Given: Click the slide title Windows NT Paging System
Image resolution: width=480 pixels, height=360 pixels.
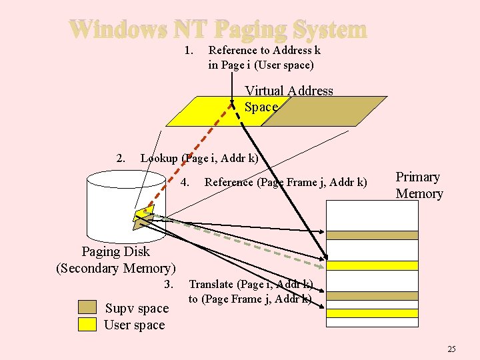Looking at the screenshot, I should pyautogui.click(x=218, y=29).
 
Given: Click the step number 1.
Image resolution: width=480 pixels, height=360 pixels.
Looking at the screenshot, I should pyautogui.click(x=189, y=50).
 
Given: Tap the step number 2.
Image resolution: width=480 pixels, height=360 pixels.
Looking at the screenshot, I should pyautogui.click(x=121, y=159).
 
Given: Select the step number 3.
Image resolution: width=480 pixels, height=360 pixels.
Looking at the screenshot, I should pyautogui.click(x=169, y=285).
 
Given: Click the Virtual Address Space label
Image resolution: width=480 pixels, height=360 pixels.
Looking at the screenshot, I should pyautogui.click(x=288, y=99).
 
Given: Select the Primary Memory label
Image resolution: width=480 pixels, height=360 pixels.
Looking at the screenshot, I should pyautogui.click(x=419, y=185).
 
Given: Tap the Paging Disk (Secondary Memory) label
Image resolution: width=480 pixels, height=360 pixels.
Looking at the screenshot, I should pyautogui.click(x=116, y=260).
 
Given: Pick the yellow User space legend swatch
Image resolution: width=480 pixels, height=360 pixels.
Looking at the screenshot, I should pyautogui.click(x=87, y=324).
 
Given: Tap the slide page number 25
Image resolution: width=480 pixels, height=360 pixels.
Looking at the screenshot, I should pyautogui.click(x=451, y=349).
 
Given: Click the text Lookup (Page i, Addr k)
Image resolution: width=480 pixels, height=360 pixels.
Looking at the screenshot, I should pyautogui.click(x=199, y=159).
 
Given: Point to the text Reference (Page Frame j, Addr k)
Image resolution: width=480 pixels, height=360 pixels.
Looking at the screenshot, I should pyautogui.click(x=285, y=182).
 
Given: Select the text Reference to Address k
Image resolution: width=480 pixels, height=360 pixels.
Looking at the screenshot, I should pyautogui.click(x=265, y=50).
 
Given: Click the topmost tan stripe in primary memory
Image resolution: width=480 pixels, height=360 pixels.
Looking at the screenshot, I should pyautogui.click(x=371, y=235).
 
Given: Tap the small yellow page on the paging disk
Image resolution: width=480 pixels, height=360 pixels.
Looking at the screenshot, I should pyautogui.click(x=143, y=214).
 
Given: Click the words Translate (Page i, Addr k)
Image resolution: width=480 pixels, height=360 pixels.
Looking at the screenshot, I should pyautogui.click(x=251, y=285).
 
